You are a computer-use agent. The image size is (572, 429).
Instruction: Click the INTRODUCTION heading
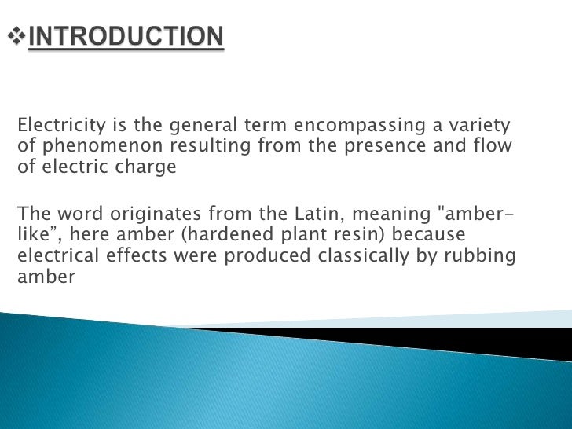126,37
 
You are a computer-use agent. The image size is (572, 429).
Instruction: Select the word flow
495,146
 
